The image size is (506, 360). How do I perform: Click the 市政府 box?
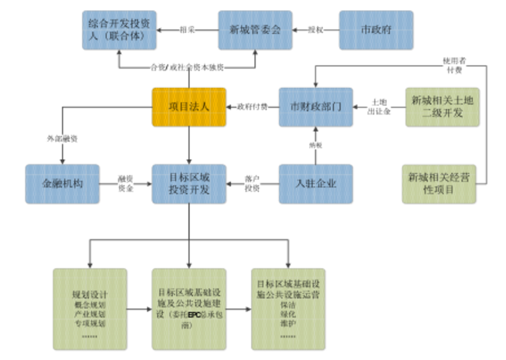coord(376,30)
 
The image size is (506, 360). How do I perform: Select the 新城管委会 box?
coord(255,30)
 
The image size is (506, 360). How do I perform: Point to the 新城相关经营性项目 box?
coord(438,184)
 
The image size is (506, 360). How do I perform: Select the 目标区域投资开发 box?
coord(188,184)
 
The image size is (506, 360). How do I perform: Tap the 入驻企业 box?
coord(314,184)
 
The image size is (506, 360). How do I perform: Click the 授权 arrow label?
coord(315,30)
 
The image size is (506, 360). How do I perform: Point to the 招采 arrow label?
coord(186,30)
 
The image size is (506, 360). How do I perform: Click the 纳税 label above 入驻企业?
coord(315,144)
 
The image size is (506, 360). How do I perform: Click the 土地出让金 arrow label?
coord(380,107)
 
